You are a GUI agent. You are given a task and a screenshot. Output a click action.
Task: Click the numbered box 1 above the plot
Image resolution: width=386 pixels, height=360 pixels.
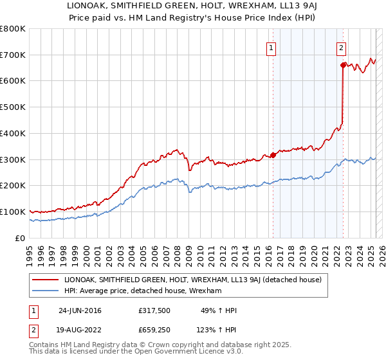[x=271, y=47]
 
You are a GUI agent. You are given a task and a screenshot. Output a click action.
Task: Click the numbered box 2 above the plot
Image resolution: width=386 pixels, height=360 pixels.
[x=341, y=47]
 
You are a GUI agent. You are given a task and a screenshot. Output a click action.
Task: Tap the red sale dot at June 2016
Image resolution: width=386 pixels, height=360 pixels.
[x=273, y=154]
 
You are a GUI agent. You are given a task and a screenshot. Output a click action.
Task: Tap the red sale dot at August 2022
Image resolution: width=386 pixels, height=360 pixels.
[x=343, y=64]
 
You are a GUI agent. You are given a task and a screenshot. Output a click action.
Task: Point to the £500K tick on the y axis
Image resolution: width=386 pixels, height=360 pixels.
[x=13, y=107]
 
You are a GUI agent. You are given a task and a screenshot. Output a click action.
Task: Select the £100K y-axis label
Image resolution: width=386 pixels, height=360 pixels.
[x=13, y=212]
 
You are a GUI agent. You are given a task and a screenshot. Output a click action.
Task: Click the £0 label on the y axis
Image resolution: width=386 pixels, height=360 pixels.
[x=20, y=238]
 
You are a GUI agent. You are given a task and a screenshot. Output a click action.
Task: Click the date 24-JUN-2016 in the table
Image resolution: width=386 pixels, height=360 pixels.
[x=80, y=310]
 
